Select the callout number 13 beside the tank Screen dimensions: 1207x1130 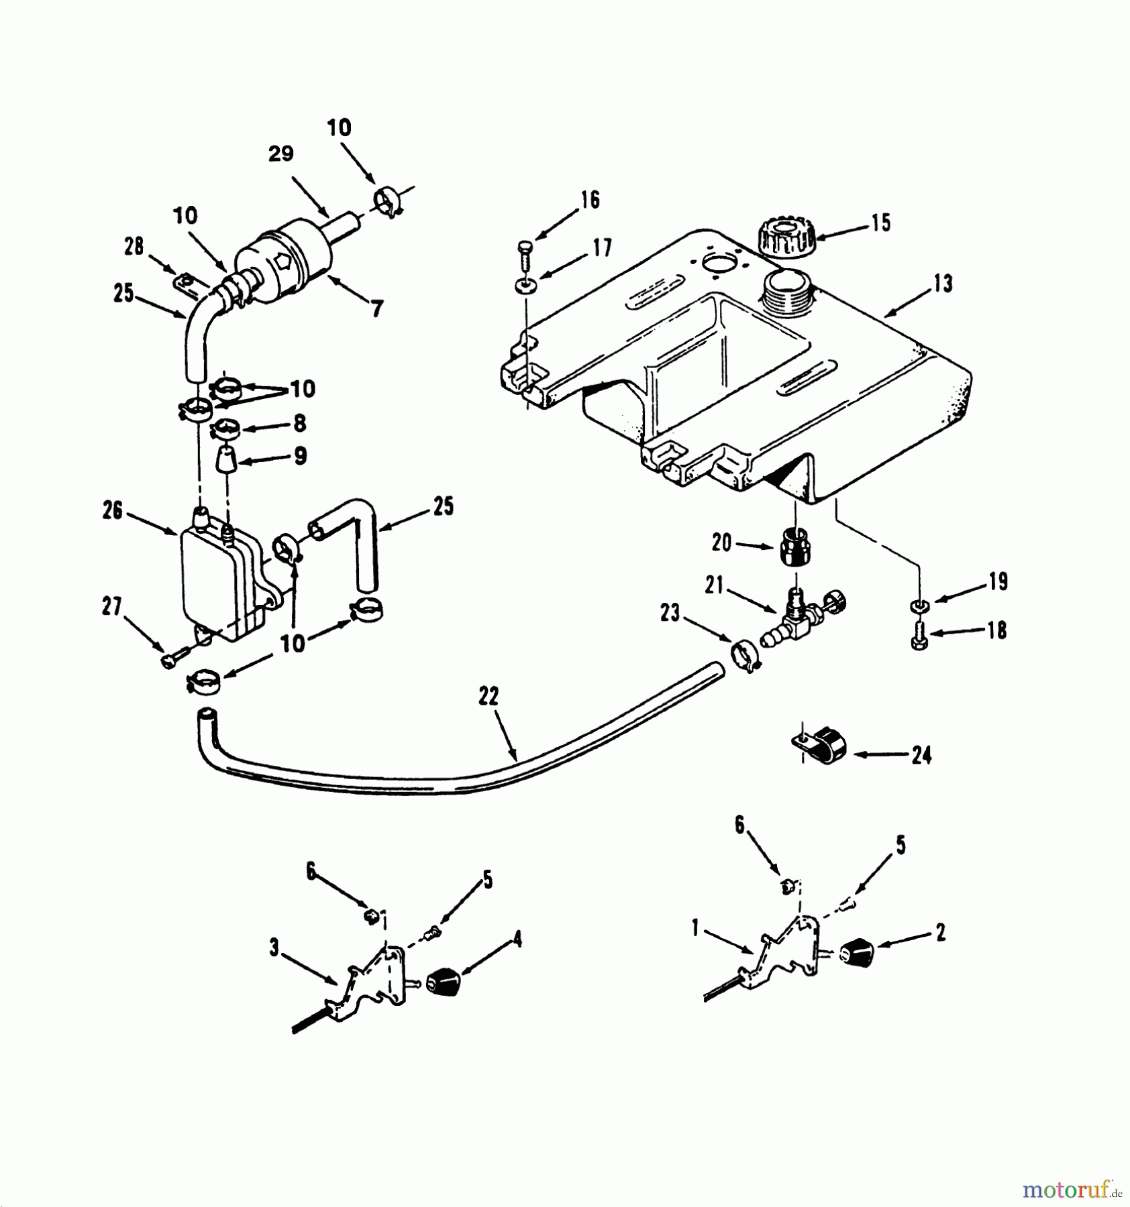[943, 284]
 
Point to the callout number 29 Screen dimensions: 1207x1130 [281, 154]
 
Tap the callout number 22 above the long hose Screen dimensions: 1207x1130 [489, 697]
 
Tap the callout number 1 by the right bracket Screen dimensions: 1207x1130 [695, 928]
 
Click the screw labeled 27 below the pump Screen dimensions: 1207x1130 [172, 660]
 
